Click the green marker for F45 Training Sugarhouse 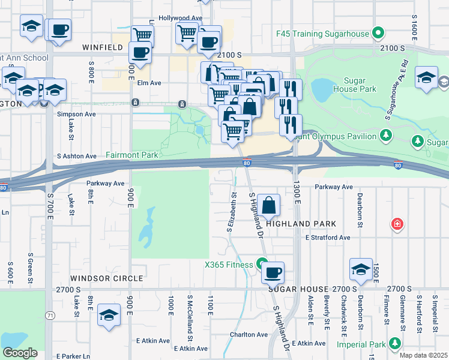point(378,32)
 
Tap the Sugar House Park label point(360,85)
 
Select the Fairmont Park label point(132,155)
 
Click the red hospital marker point(396,225)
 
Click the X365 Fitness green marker point(262,263)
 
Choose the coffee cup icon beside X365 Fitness point(273,272)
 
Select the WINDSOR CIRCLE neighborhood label point(106,278)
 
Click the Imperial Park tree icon point(394,343)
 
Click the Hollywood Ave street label point(180,19)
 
